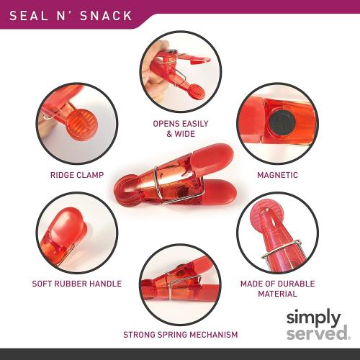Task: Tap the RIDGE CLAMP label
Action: tap(76, 175)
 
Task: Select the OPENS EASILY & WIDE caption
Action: tap(174, 128)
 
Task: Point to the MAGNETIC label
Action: tap(277, 175)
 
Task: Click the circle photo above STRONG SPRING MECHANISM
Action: tap(177, 287)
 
